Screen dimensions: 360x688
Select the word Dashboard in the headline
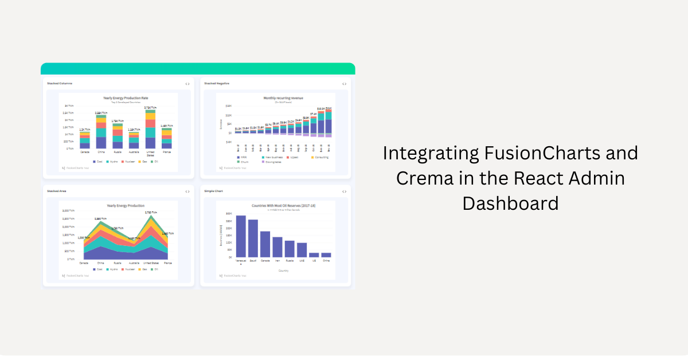click(x=510, y=204)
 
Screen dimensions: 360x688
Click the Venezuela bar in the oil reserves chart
click(x=241, y=236)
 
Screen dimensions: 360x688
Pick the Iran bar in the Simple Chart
click(x=277, y=247)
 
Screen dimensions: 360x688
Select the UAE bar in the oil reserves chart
click(x=302, y=250)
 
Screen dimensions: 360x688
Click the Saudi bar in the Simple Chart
click(x=253, y=238)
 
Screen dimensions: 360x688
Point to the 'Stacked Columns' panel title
click(x=60, y=84)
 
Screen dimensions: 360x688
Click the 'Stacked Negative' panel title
click(x=217, y=84)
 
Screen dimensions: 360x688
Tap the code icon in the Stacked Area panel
click(x=187, y=191)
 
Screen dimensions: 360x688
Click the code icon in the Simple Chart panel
click(x=344, y=191)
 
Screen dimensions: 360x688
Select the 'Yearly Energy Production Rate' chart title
click(x=126, y=98)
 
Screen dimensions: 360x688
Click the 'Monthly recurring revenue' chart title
click(x=283, y=98)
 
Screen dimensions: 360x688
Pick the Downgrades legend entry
click(x=272, y=162)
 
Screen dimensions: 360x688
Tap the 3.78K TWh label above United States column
click(x=150, y=107)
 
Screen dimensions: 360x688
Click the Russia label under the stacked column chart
click(x=117, y=152)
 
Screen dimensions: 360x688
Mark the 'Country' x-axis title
click(x=283, y=270)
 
